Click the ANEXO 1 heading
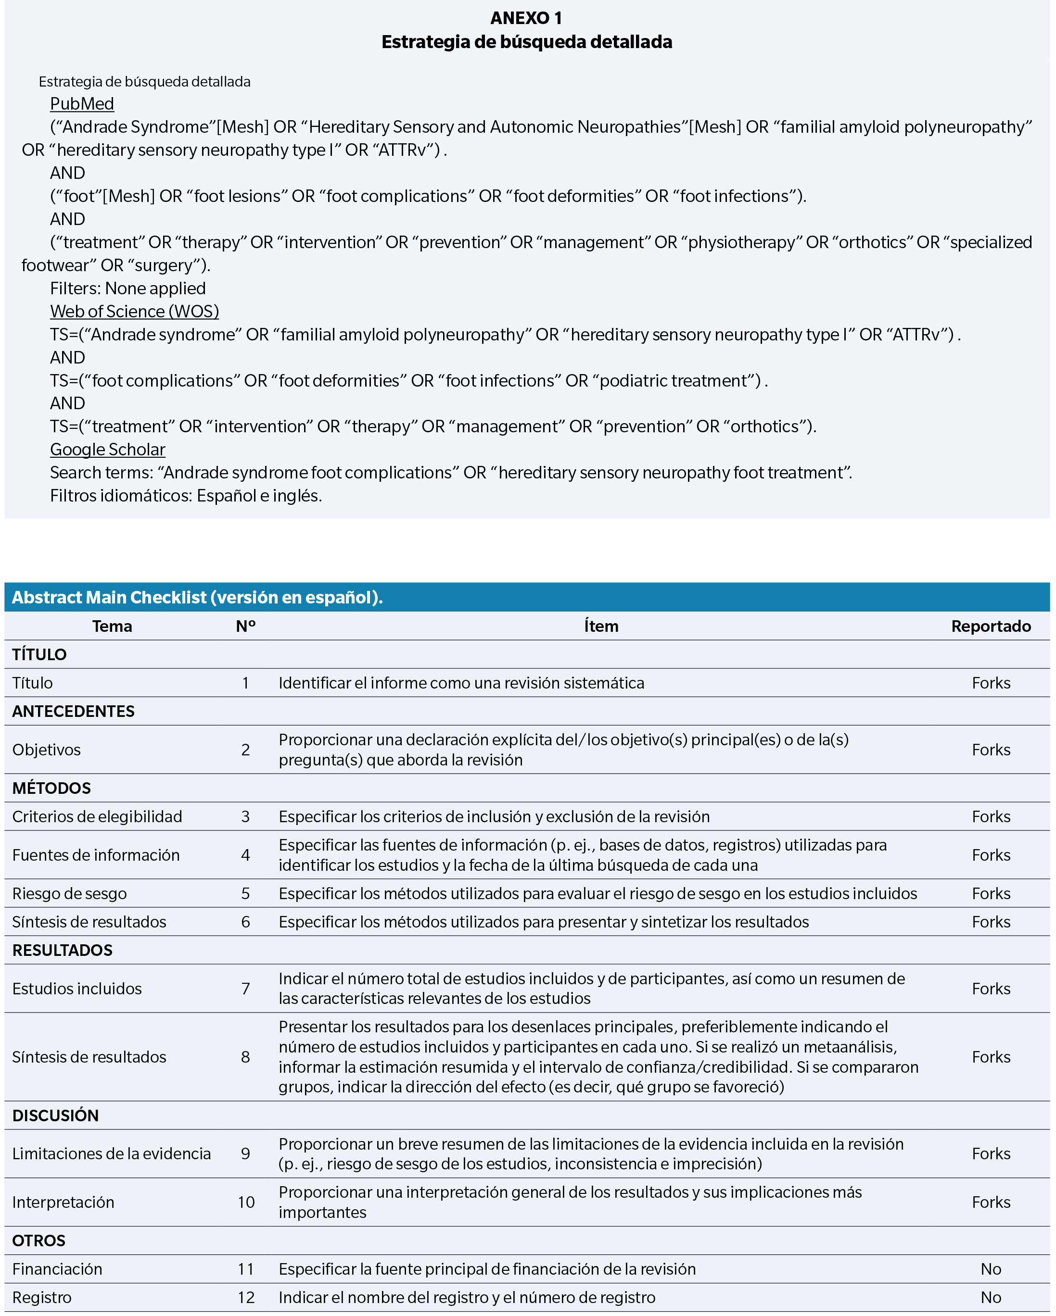coord(526,18)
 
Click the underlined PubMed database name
coord(82,104)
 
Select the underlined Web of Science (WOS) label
coord(134,311)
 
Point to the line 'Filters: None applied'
coord(127,288)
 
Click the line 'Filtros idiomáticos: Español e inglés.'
coord(186,496)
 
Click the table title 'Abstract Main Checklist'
coord(197,597)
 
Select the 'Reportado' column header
coord(991,626)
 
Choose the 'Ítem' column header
coord(601,626)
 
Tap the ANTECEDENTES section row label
coord(73,711)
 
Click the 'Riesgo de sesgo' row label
coord(70,894)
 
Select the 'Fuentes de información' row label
coord(96,855)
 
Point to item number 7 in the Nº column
coord(245,989)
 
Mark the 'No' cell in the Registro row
coord(991,1298)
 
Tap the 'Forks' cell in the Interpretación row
coord(991,1203)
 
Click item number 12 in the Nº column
coord(245,1298)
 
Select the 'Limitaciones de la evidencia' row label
coord(111,1153)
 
